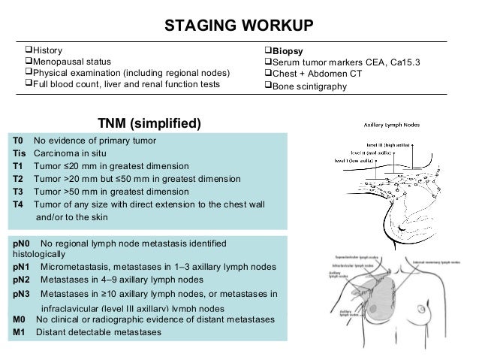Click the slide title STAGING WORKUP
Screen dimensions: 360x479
[x=239, y=26]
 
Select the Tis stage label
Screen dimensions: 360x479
[x=20, y=153]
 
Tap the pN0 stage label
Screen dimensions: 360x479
[x=22, y=244]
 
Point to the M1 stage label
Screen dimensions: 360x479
[x=20, y=333]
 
